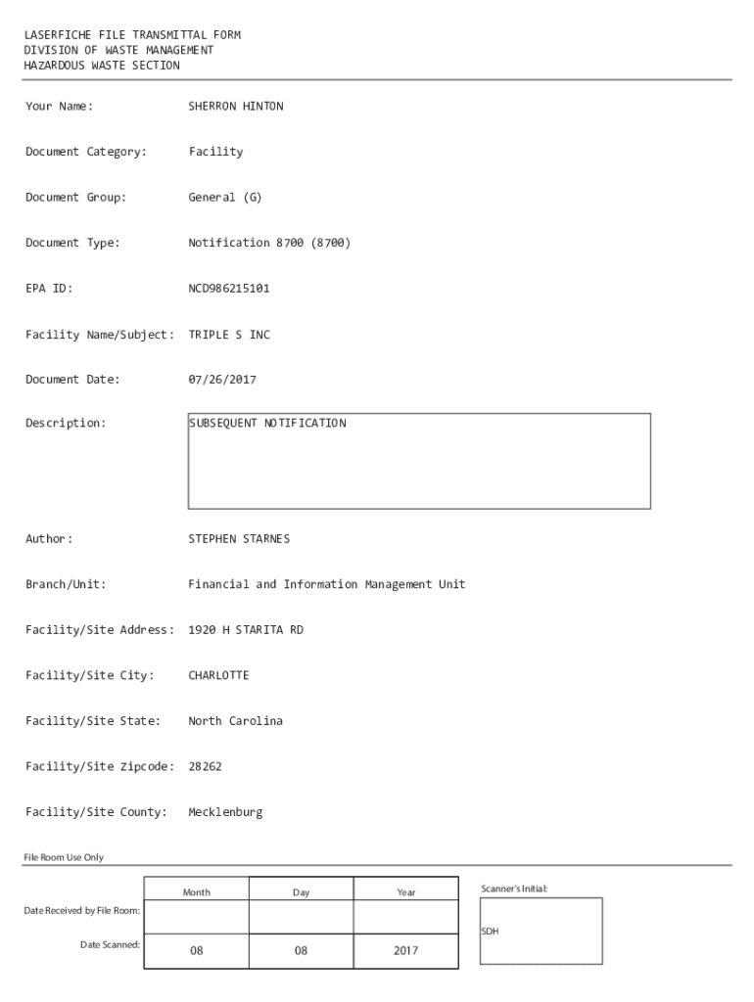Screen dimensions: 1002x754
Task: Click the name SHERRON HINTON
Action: coord(235,106)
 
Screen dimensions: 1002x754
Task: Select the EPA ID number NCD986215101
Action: coord(228,289)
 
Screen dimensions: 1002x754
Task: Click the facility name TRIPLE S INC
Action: coord(228,335)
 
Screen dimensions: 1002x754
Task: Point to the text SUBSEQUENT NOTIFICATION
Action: coord(267,424)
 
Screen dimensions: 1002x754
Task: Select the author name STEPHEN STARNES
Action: coord(238,539)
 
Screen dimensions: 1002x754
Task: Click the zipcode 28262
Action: coord(205,767)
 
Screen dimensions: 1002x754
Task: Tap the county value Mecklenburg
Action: coord(224,812)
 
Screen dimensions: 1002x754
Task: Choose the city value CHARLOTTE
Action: coord(218,676)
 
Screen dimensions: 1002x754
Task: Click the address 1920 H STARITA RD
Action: coord(245,630)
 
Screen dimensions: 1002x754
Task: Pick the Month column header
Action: coord(196,892)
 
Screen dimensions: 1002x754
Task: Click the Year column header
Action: coord(405,892)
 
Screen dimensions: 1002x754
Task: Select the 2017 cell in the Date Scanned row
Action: coord(405,950)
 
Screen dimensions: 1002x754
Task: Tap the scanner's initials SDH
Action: coord(490,932)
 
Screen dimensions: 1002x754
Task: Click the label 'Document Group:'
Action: coord(75,198)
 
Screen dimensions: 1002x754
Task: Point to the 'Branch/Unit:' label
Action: coord(66,585)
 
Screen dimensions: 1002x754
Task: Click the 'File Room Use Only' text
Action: coord(63,858)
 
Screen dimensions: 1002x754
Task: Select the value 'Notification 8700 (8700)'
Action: coord(268,243)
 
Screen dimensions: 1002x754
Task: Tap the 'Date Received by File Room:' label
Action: coord(81,912)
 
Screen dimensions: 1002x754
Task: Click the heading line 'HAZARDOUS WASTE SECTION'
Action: coord(102,66)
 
